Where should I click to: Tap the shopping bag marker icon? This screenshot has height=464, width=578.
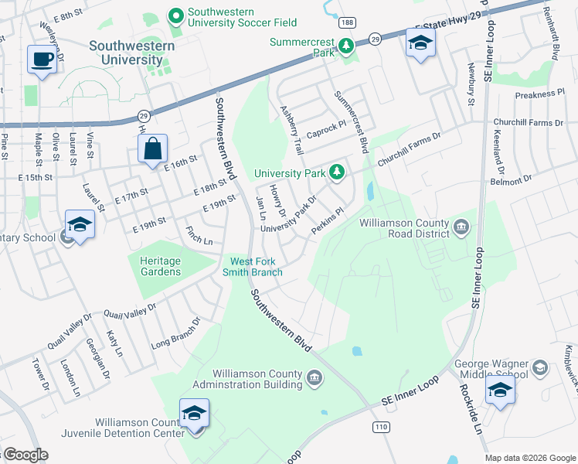[x=153, y=148]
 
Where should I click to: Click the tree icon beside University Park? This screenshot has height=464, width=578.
[x=336, y=172]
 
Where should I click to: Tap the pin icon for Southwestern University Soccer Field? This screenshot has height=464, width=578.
[x=175, y=15]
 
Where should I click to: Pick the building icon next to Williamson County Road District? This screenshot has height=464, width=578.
[x=461, y=227]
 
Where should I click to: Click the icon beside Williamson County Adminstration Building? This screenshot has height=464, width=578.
[x=314, y=377]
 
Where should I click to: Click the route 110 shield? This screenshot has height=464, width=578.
[x=380, y=426]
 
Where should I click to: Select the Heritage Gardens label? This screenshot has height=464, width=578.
[x=160, y=267]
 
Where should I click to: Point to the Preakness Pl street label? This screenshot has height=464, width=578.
[x=539, y=94]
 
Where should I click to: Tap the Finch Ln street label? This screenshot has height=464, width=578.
[x=199, y=236]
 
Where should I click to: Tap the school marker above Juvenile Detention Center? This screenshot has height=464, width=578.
[x=194, y=414]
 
